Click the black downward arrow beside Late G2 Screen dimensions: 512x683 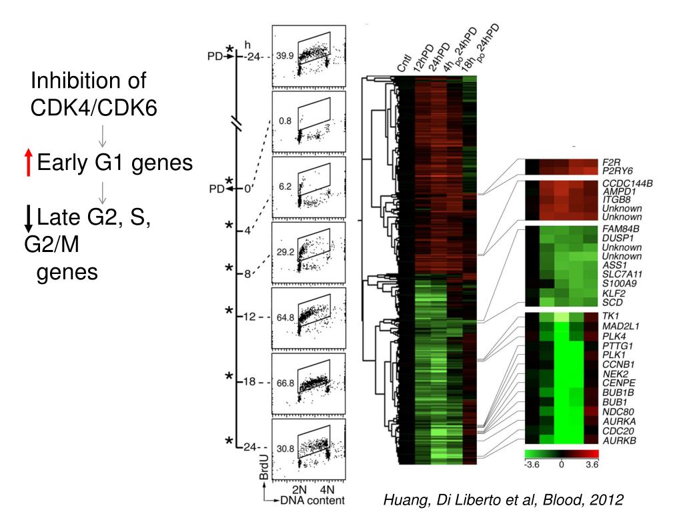28,217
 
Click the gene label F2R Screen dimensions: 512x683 611,161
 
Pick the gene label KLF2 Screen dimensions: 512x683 612,292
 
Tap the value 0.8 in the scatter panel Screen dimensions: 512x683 285,121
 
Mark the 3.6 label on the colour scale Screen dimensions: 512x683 592,465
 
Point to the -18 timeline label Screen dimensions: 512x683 250,383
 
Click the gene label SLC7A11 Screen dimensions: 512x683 619,273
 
